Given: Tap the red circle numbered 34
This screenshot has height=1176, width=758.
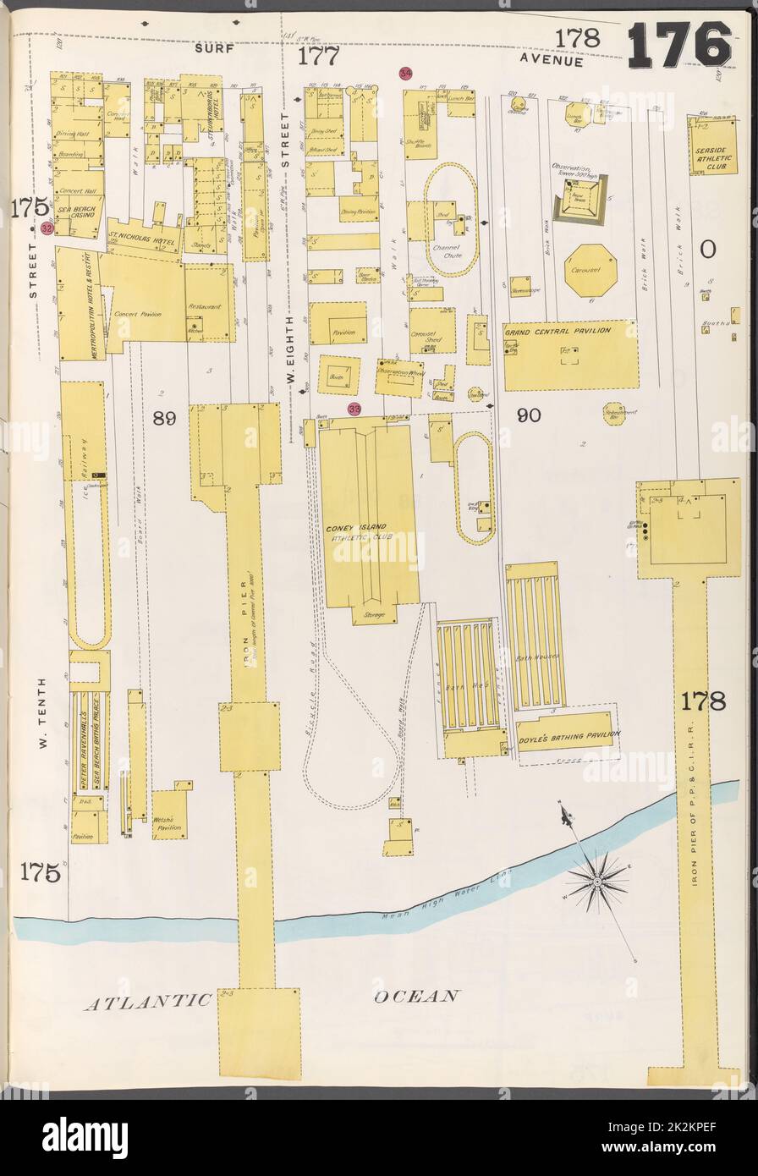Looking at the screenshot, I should click(406, 74).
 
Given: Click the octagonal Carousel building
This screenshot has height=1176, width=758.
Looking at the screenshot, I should click(590, 271).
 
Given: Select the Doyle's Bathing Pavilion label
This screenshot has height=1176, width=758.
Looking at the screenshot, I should click(568, 735).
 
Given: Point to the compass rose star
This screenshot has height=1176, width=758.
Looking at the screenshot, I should click(597, 882).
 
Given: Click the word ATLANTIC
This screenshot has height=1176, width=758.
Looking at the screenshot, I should click(147, 1002).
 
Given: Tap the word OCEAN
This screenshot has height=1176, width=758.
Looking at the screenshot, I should click(417, 997).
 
